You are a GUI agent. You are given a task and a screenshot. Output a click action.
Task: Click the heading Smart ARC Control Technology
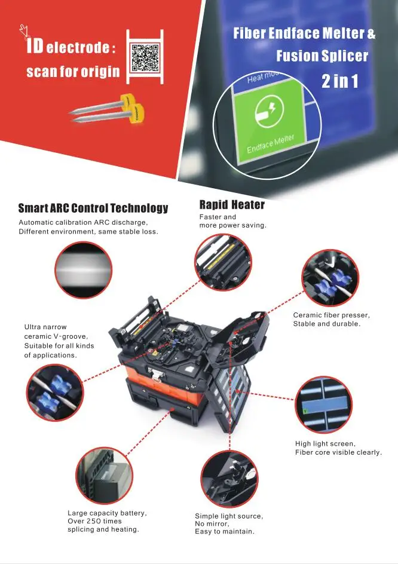(x=93, y=209)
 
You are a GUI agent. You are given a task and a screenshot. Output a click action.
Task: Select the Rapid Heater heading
(x=232, y=205)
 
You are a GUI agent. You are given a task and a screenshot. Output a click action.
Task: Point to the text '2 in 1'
(x=339, y=81)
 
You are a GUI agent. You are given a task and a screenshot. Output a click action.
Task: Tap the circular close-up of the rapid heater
(x=221, y=263)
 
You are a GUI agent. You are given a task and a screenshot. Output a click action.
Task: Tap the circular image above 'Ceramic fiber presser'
(x=330, y=279)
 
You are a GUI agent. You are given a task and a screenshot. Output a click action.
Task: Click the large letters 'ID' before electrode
(x=33, y=46)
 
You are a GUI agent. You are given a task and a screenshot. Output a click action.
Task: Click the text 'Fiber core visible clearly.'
(x=338, y=452)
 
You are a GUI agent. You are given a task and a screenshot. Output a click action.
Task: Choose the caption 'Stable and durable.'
(x=326, y=324)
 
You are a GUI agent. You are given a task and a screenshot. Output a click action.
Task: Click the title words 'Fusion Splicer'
(x=322, y=57)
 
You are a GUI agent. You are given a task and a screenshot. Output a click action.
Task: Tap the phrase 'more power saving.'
(x=232, y=225)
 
